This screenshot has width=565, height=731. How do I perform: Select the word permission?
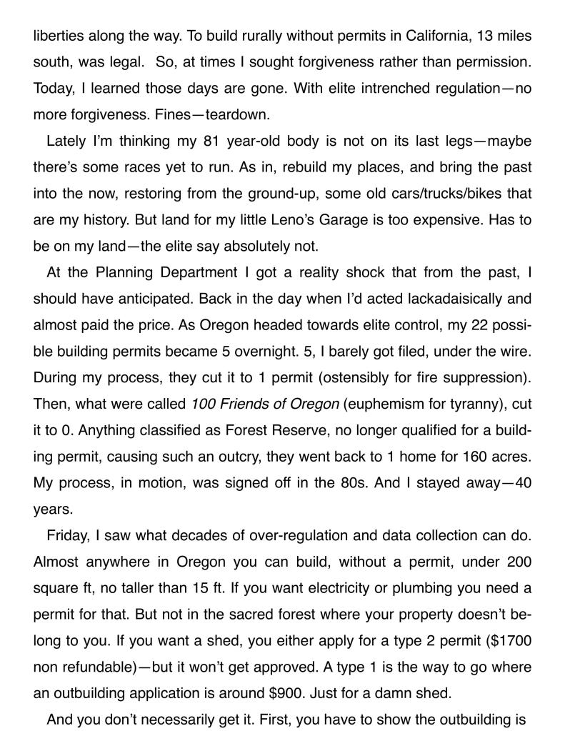tap(495, 63)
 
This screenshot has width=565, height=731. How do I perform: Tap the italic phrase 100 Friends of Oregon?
tap(265, 404)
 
